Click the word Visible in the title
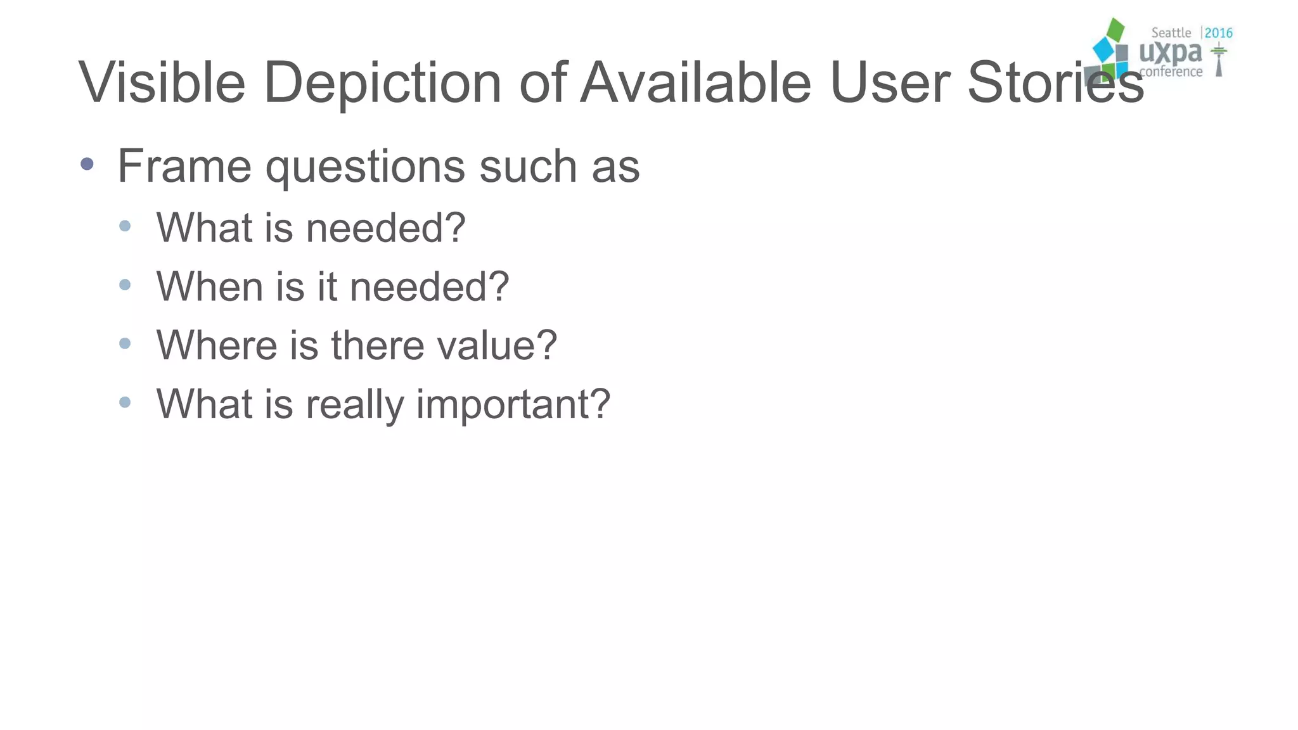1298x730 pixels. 162,82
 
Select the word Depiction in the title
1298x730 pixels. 382,84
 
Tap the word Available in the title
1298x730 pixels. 695,82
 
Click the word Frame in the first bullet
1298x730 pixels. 184,166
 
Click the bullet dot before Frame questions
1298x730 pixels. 87,165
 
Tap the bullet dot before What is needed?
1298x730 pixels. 125,226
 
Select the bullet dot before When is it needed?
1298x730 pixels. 125,285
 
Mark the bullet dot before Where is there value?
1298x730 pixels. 125,343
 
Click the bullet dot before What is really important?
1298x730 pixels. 125,402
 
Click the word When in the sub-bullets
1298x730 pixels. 210,286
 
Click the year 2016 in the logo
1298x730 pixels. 1218,33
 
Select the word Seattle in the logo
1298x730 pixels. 1171,33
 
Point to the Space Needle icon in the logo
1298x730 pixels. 1218,60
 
